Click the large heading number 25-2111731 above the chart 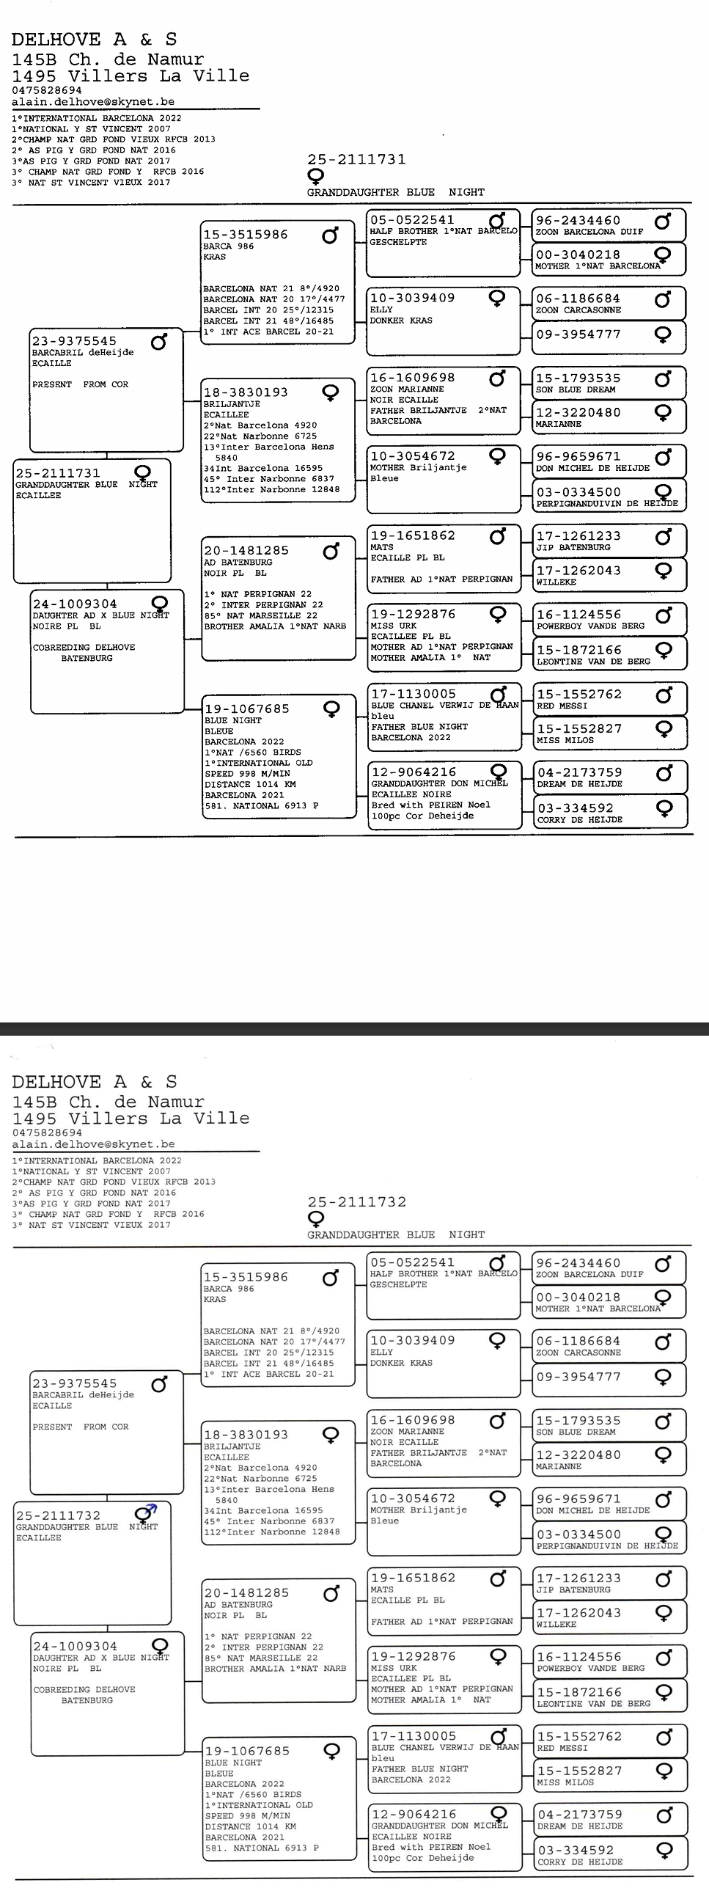click(x=356, y=159)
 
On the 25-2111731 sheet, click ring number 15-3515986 click(x=246, y=235)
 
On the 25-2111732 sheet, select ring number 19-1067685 click(x=247, y=1751)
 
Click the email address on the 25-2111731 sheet click(x=93, y=102)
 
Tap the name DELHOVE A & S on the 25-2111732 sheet click(x=95, y=1081)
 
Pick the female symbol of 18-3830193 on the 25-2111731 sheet click(x=331, y=392)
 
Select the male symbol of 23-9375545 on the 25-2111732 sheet click(x=159, y=1384)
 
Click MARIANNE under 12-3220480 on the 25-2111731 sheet click(x=559, y=424)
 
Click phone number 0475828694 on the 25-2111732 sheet click(x=47, y=1133)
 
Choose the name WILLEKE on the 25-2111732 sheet click(x=556, y=1625)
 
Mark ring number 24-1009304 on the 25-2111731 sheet click(x=75, y=604)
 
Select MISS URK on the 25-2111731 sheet click(x=394, y=625)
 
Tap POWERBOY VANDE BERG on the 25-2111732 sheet click(x=590, y=1668)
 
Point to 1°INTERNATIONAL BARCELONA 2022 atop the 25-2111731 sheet click(x=97, y=118)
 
